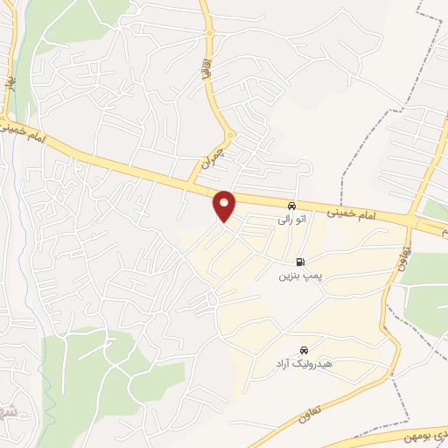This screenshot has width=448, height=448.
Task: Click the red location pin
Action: (225, 205)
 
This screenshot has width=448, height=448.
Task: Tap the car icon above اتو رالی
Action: (292, 206)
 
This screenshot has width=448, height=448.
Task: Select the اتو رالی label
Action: (290, 220)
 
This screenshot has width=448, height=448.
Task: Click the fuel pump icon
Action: (301, 262)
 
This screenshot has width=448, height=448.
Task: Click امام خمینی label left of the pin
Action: (27, 134)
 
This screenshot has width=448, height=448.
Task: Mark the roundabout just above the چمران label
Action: (228, 136)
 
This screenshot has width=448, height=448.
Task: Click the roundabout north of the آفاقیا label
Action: (210, 35)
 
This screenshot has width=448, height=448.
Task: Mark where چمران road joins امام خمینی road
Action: (187, 182)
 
